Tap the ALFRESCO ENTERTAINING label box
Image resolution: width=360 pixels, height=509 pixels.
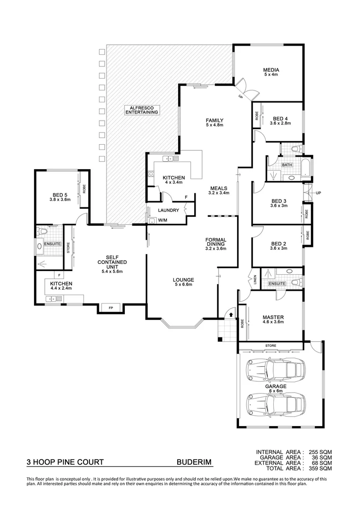click(141, 110)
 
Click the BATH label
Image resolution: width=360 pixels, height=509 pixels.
click(287, 165)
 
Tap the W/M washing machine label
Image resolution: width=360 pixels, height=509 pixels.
click(163, 220)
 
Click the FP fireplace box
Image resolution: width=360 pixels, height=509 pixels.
click(111, 308)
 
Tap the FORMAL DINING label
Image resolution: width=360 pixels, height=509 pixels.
click(216, 244)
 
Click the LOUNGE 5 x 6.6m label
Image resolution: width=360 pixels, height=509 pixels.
click(183, 282)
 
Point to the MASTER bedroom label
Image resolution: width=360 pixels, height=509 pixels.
click(273, 320)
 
